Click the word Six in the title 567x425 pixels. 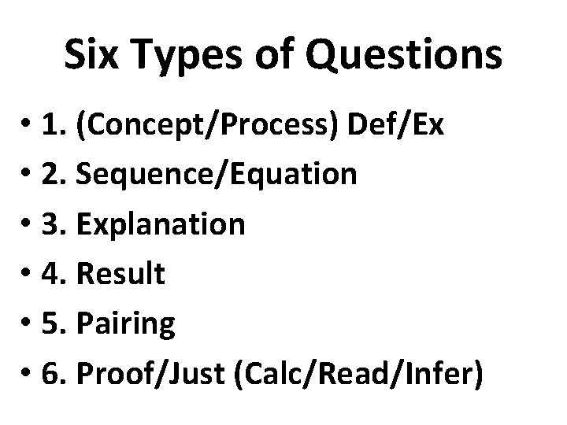[91, 55]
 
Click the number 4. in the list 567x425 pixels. [60, 274]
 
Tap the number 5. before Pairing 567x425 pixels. [60, 323]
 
